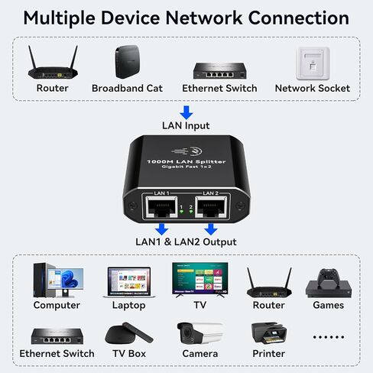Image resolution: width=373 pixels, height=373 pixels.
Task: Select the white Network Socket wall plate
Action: click(x=312, y=63)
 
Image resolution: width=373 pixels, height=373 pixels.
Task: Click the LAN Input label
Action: click(x=186, y=125)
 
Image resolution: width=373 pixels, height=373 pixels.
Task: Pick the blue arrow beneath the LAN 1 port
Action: click(x=161, y=229)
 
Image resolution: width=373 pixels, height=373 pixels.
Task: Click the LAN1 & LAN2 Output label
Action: click(x=186, y=242)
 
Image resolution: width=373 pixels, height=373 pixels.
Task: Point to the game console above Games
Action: click(x=327, y=282)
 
